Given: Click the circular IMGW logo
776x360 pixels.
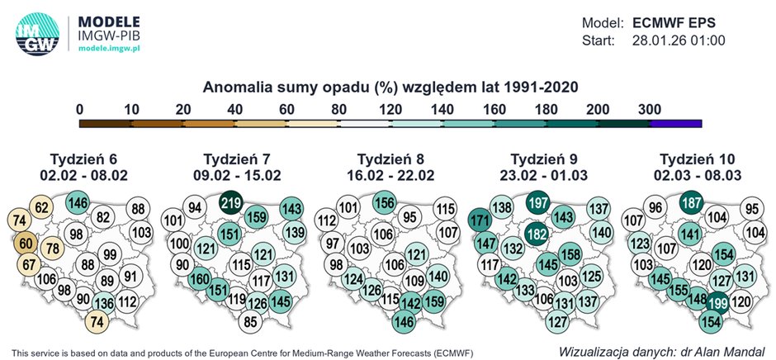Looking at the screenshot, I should coord(37,33).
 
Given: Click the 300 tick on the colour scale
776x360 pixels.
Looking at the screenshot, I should coord(650,109).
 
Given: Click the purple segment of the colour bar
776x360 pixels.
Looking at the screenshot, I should coord(675,123).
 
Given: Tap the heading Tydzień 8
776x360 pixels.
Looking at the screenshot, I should coord(389,159).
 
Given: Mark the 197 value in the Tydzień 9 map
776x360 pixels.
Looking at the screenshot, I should coord(537,204).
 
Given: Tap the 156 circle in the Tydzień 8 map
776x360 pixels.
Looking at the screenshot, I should coord(384,202).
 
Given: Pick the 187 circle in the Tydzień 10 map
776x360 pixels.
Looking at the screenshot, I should coord(693,203).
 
